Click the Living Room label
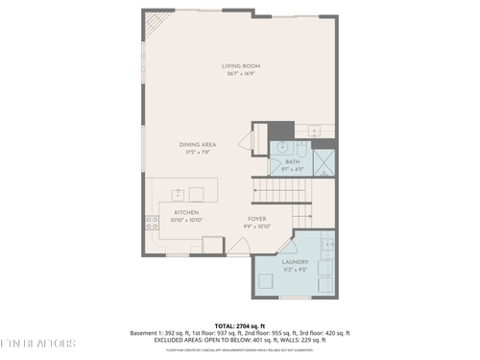pyautogui.click(x=241, y=65)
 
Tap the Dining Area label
pyautogui.click(x=196, y=144)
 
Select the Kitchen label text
pyautogui.click(x=185, y=213)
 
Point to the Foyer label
pyautogui.click(x=256, y=219)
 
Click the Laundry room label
pyautogui.click(x=295, y=261)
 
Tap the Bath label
pyautogui.click(x=293, y=161)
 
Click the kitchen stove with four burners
pyautogui.click(x=152, y=223)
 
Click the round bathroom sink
pyautogui.click(x=282, y=148)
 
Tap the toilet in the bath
pyautogui.click(x=302, y=150)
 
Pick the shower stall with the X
pyautogui.click(x=325, y=158)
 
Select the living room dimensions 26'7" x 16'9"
pyautogui.click(x=241, y=73)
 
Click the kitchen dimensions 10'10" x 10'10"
pyautogui.click(x=185, y=221)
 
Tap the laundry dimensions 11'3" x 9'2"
pyautogui.click(x=295, y=269)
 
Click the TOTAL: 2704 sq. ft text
pyautogui.click(x=240, y=326)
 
